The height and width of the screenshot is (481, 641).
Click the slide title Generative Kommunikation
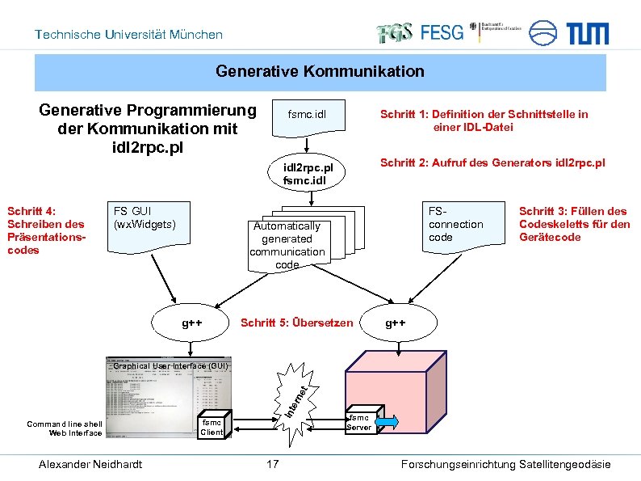point(320,72)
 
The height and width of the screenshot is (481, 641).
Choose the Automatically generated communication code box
point(287,245)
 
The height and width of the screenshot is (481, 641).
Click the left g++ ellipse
point(192,323)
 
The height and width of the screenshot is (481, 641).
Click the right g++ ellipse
point(396,323)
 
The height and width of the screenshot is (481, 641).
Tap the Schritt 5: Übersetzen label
point(297,323)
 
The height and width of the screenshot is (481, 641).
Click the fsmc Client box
point(212,427)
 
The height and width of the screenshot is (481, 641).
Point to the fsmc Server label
point(358,422)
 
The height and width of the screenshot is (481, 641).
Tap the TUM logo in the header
point(587,33)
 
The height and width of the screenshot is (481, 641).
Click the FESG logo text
point(442,33)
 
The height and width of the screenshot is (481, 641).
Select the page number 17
point(273,464)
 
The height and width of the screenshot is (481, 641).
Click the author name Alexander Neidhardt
point(90,464)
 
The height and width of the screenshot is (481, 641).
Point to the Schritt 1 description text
point(484,120)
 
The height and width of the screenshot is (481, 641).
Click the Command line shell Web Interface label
point(65,428)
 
